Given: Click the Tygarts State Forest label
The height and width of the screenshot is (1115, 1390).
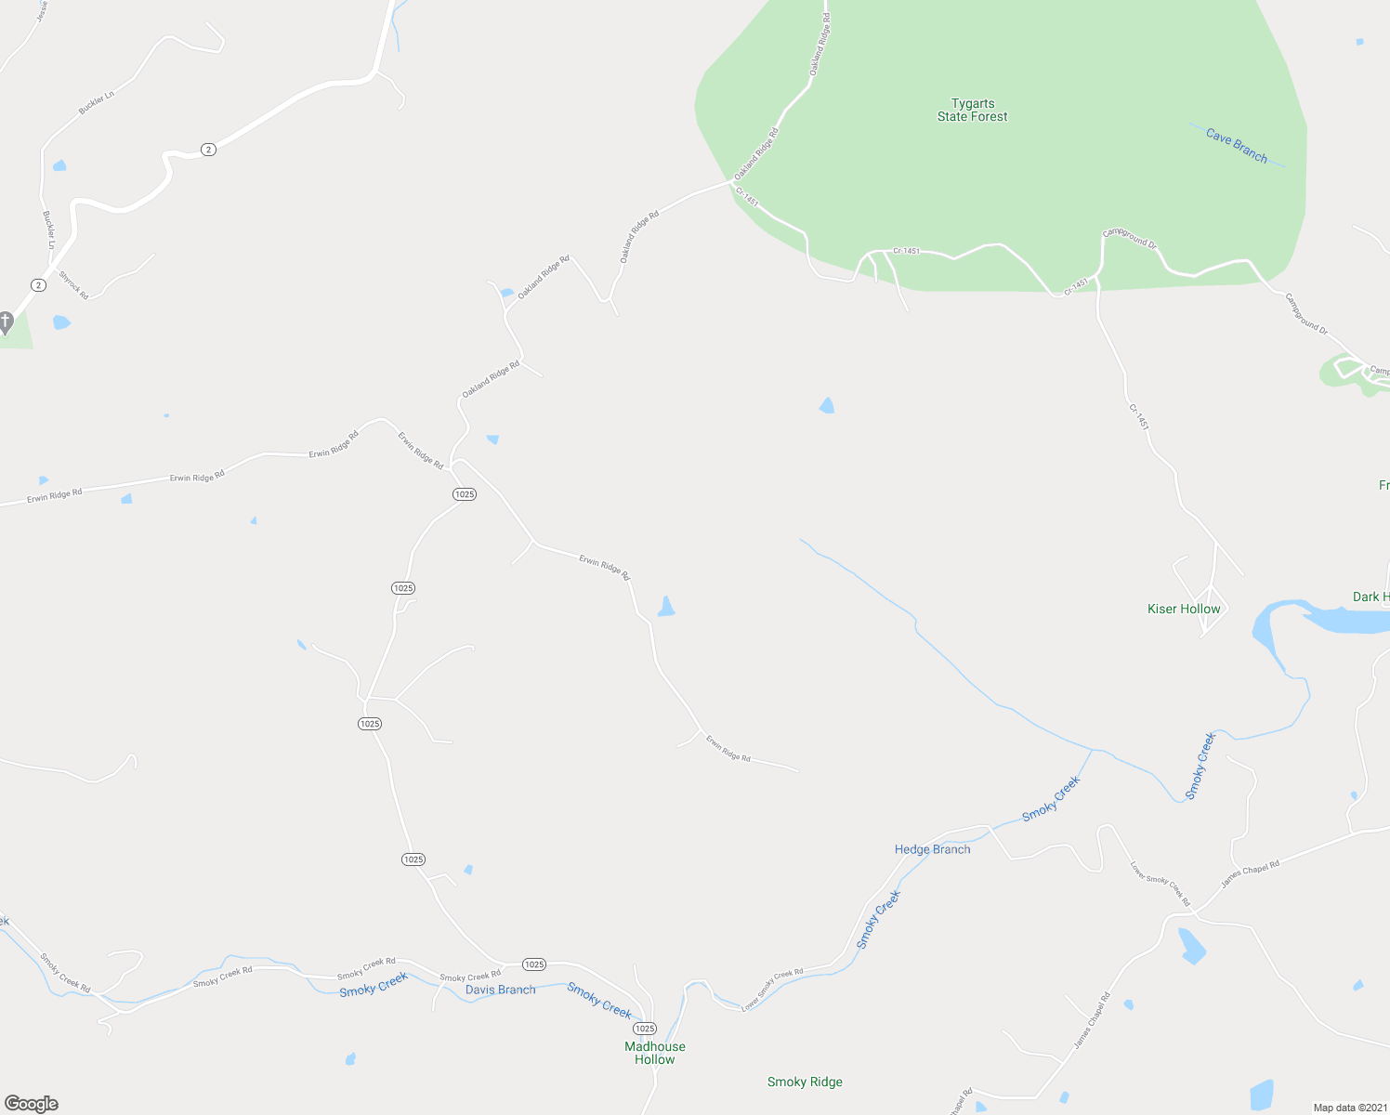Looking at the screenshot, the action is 972,110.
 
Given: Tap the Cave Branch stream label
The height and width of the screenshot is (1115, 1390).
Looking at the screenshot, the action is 1236,146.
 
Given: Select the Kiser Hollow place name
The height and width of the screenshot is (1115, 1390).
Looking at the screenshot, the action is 1184,609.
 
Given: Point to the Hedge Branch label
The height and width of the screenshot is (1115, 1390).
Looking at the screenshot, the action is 932,849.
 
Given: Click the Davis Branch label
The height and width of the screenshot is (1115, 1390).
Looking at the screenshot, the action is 500,990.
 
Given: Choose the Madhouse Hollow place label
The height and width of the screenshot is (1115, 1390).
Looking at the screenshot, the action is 655,1053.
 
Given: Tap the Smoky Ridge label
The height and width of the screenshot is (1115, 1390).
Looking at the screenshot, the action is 805,1082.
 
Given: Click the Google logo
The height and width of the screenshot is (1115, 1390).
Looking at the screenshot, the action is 32,1104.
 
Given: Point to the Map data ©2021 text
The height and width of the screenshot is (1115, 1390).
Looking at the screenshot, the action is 1349,1108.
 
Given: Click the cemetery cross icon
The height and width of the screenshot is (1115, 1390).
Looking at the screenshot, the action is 5,322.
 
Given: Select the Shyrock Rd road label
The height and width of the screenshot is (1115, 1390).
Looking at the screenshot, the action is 73,284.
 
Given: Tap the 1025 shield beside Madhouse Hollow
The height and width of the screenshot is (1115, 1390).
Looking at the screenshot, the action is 645,1029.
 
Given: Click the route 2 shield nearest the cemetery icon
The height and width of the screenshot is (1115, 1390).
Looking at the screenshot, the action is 38,285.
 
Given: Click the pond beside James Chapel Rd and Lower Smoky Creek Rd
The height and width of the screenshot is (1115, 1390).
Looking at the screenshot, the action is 1191,945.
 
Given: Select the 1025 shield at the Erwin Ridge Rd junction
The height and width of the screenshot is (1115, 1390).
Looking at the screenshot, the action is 465,494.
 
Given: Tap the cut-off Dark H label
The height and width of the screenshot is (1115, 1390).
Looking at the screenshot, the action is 1370,597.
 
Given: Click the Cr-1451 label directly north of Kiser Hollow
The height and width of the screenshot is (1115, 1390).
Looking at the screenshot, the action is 1139,416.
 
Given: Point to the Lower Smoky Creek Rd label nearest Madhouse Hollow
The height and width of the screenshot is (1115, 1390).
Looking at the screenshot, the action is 772,990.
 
